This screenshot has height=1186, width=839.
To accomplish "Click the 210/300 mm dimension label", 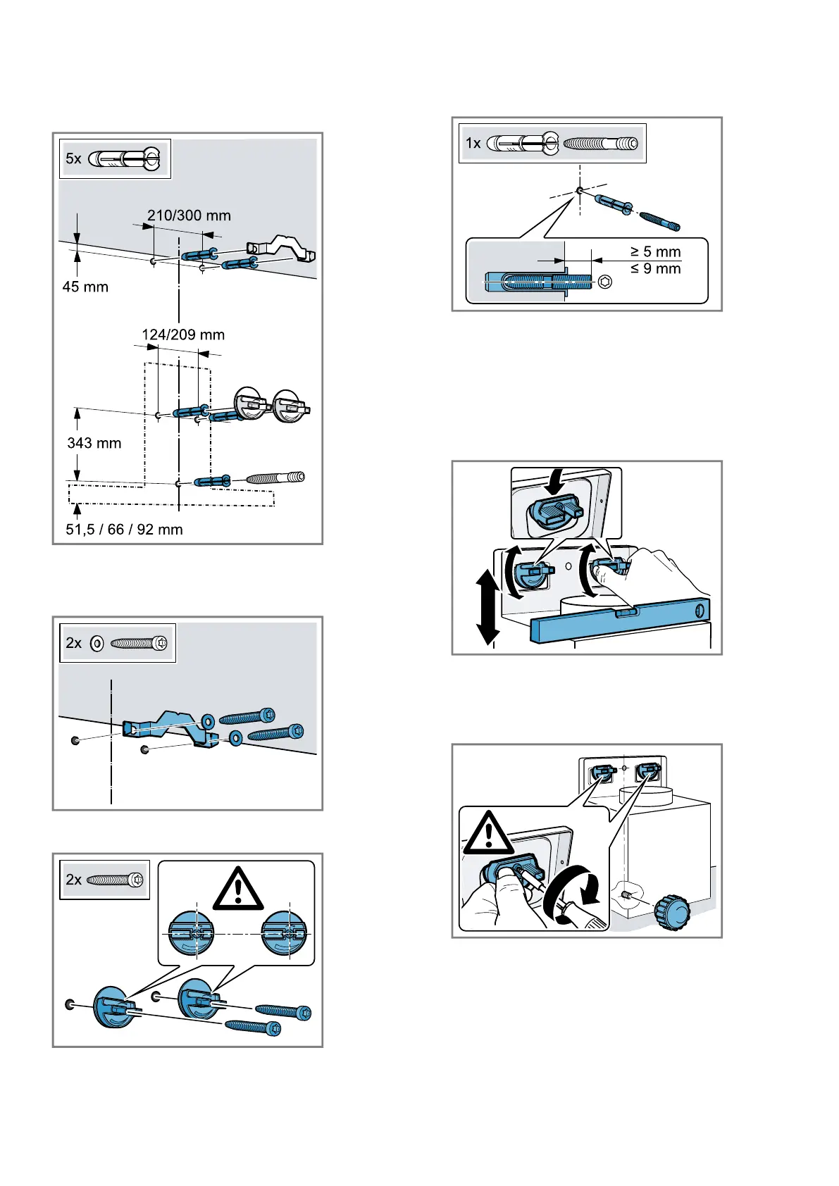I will coord(189,216).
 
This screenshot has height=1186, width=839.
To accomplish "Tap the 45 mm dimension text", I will coord(85,287).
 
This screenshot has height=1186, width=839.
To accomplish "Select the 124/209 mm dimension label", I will coord(183,335).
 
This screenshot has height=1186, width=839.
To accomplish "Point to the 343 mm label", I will coord(94,443).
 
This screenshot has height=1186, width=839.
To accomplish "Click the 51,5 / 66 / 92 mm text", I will coord(124,530).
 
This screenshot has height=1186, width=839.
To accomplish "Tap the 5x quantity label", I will coord(74,158).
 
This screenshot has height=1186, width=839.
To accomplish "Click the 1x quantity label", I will coord(473,144).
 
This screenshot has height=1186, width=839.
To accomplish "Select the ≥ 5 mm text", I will coord(655,251).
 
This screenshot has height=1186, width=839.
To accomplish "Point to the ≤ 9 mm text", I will coord(655,268).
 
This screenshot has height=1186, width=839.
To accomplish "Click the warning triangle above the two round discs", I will coord(238,889).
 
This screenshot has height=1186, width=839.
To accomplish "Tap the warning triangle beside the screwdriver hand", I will coord(488,834).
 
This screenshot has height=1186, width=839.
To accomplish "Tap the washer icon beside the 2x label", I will coord(97,643).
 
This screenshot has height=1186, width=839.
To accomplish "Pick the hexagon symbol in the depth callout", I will coord(604,282).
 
